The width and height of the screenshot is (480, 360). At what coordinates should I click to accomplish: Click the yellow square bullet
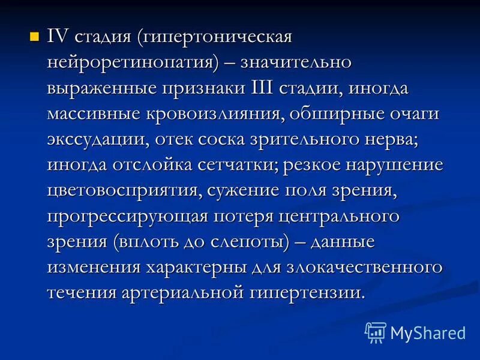click(x=34, y=37)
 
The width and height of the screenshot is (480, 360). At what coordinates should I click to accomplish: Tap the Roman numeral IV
click(x=59, y=37)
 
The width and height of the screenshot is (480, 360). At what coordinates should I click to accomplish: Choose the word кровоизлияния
click(x=236, y=114)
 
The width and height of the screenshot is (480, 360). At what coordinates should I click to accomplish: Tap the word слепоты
click(x=247, y=242)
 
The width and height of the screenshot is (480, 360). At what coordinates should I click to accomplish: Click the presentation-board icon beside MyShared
click(x=376, y=332)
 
